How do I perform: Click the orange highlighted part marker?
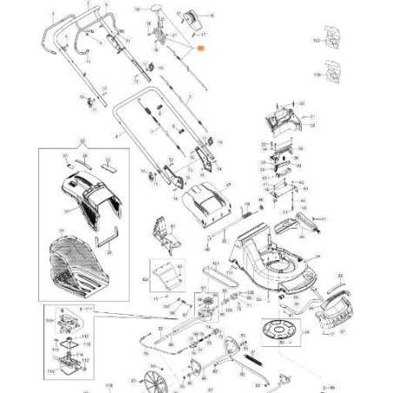[x=199, y=51]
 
